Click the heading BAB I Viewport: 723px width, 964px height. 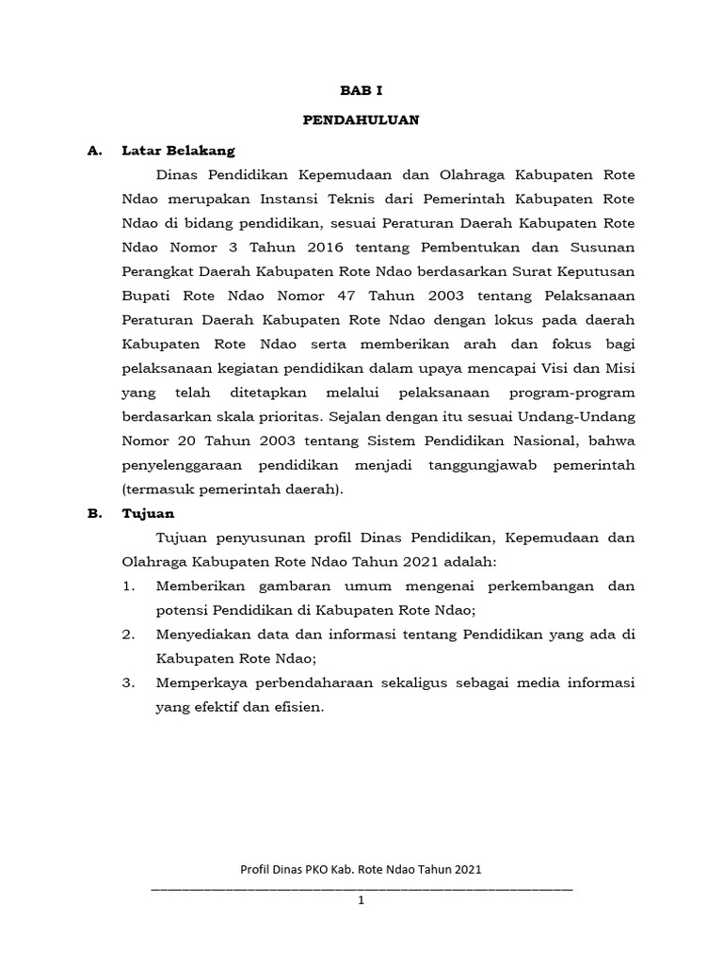[x=361, y=90]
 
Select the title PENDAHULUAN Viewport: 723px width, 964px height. [x=361, y=120]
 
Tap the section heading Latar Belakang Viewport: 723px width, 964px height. [x=178, y=150]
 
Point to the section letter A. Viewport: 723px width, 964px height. [x=92, y=150]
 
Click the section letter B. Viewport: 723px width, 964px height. [x=92, y=514]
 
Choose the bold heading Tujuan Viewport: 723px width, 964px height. [x=148, y=514]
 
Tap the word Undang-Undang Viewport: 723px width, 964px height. [x=581, y=416]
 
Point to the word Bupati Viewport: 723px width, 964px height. [x=146, y=295]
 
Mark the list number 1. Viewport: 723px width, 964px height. [x=128, y=586]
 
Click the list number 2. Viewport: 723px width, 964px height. [x=128, y=635]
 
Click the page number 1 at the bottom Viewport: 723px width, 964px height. [x=361, y=900]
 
